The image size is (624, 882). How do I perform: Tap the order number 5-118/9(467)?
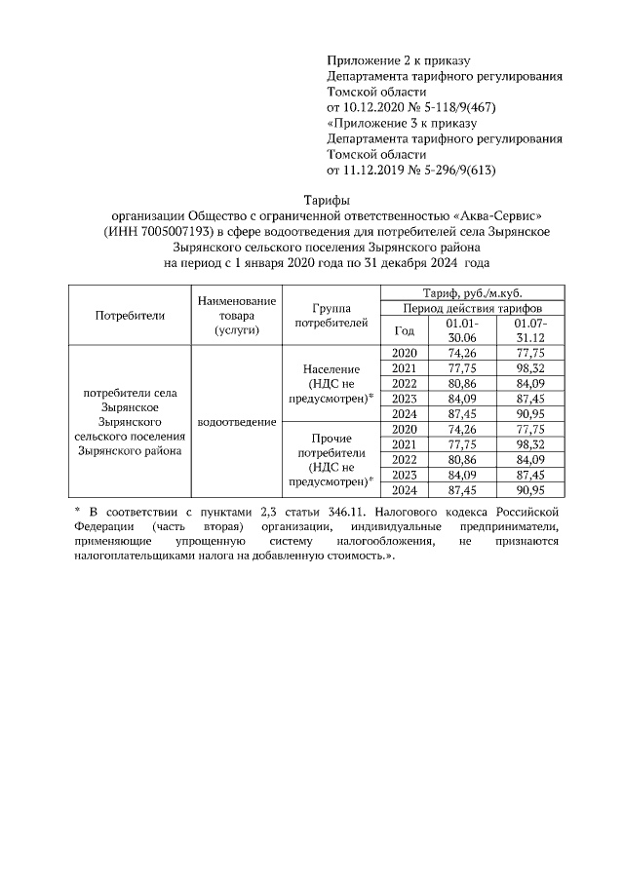coord(449,107)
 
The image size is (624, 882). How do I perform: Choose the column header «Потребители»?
coord(130,315)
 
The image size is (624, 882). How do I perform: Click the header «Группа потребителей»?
coord(331,314)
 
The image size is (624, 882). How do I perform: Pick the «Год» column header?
coord(404,329)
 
